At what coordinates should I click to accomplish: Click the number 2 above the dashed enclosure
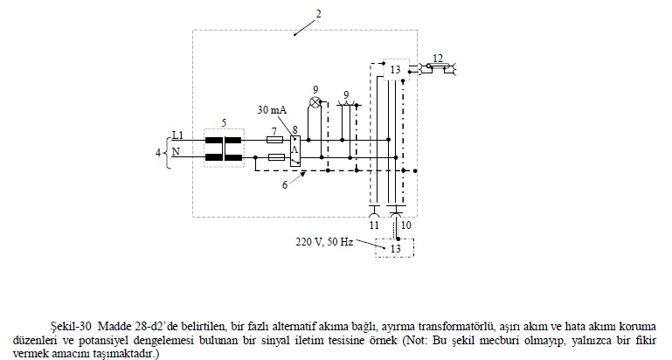(318, 14)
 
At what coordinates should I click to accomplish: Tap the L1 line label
(177, 135)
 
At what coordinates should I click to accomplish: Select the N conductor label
(177, 152)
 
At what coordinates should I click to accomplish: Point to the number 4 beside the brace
(158, 153)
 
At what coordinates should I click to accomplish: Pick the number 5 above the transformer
(224, 121)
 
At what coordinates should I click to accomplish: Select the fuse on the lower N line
(274, 158)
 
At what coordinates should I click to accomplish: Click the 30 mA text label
(272, 110)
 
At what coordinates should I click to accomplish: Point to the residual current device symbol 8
(295, 149)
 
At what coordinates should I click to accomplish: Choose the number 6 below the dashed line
(285, 184)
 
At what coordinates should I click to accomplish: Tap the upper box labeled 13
(396, 70)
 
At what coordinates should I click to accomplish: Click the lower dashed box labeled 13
(395, 248)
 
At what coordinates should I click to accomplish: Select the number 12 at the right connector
(438, 59)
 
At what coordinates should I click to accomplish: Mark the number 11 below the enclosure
(374, 225)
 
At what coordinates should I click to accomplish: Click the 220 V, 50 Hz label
(324, 240)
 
